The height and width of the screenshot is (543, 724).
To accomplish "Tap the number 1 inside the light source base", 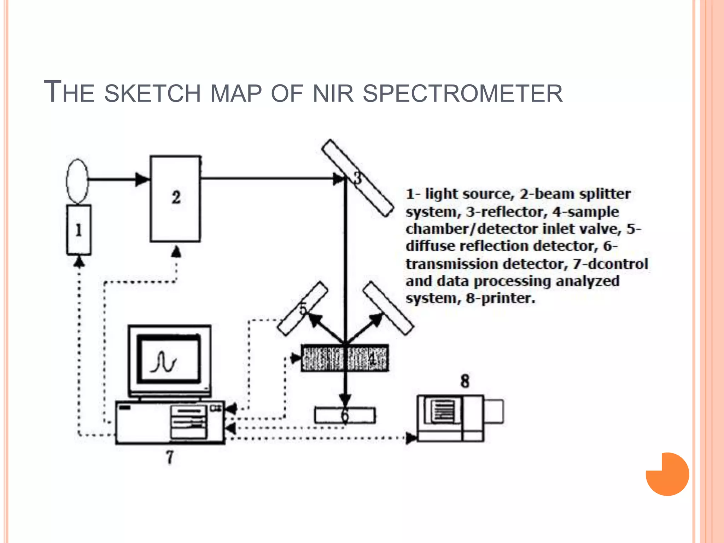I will tap(78, 230).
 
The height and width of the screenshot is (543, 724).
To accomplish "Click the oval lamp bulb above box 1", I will tap(77, 181).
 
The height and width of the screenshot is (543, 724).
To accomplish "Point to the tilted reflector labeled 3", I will tap(358, 178).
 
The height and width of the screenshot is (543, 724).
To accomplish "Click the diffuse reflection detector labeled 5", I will tap(302, 309).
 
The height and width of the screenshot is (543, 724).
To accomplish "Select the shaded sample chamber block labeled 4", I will tap(345, 358).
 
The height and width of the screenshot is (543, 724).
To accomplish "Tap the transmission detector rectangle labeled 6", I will tap(345, 415).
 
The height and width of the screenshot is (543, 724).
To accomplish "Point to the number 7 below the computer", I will tap(170, 457).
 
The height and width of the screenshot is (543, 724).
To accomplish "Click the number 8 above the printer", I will tap(465, 381).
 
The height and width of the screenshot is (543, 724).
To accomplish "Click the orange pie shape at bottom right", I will tap(667, 474).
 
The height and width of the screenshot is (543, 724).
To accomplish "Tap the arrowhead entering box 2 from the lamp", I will tap(142, 179).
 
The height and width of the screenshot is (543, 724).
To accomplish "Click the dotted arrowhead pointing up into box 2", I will tap(176, 252).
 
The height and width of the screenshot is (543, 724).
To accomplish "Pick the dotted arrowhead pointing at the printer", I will tap(411, 438).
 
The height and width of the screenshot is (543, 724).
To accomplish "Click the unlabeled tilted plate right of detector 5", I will tap(388, 308).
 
